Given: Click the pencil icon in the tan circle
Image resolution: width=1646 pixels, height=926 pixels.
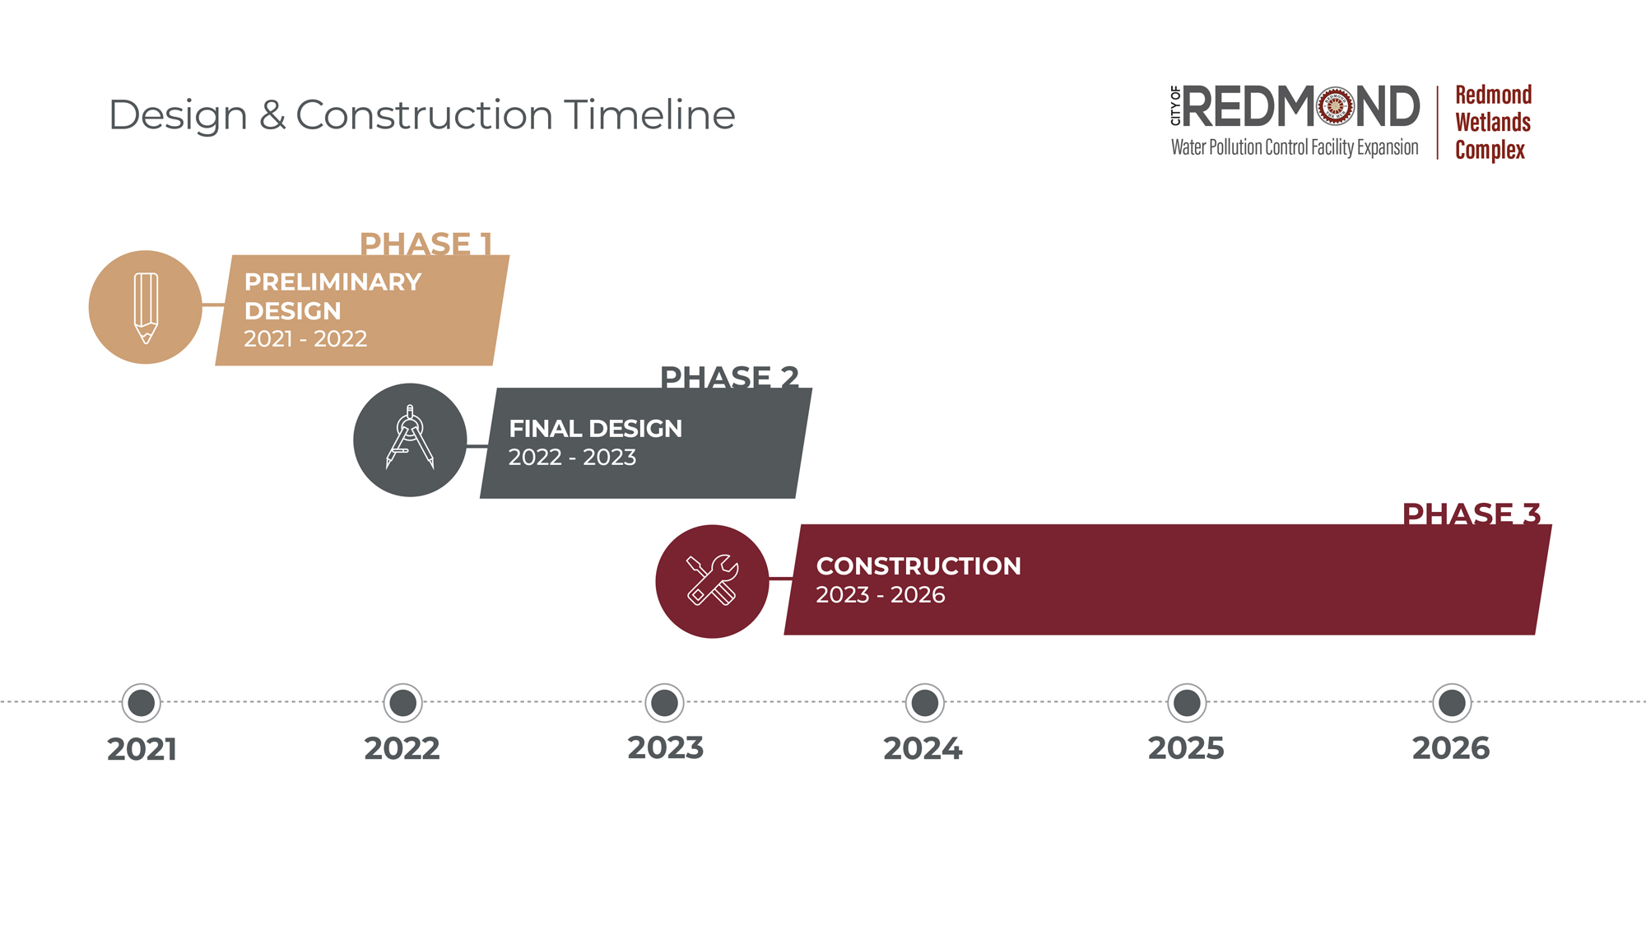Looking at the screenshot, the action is coord(146,308).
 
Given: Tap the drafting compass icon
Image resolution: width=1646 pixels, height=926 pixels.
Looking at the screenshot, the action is coord(410,437).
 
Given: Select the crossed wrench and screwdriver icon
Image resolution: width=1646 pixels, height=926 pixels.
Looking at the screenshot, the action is coord(713,580).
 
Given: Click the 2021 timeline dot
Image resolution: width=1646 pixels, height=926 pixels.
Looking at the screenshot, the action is coord(142,703).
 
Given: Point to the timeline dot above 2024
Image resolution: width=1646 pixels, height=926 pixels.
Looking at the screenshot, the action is coord(925,703).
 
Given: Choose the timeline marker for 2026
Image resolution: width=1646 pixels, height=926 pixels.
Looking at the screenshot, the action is coord(1452,703).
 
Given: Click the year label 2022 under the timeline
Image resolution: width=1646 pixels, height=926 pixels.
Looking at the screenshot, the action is coord(402,749).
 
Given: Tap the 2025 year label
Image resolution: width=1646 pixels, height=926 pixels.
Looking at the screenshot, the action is coord(1186,749).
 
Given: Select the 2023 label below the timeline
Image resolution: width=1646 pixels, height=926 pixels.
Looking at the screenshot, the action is coord(666,748).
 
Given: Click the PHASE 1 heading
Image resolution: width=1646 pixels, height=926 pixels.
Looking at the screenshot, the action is coord(426,244).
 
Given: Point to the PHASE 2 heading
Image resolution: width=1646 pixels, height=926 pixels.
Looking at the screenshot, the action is coord(729,377).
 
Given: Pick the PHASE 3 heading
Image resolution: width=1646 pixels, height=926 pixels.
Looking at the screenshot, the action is coord(1472,514).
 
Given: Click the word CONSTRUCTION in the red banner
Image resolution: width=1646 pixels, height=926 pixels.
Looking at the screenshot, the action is coord(918,566).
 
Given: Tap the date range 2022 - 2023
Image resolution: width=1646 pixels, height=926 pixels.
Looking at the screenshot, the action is coord(572,457).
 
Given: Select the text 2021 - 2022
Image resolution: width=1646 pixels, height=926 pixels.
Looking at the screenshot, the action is coord(305,338).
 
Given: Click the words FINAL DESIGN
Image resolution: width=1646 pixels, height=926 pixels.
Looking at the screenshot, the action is coord(595,429).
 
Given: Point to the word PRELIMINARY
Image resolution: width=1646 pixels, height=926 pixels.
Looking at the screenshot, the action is coord(332,282).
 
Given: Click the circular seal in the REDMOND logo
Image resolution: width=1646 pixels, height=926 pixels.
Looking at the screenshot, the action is coord(1335,107).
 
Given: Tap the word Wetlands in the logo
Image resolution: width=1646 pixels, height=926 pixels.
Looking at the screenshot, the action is coord(1493,123).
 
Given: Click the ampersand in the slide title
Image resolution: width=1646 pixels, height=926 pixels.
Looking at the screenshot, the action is coord(272,115).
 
